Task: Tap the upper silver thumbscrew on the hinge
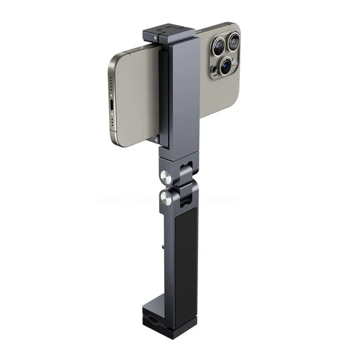(166, 177)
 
